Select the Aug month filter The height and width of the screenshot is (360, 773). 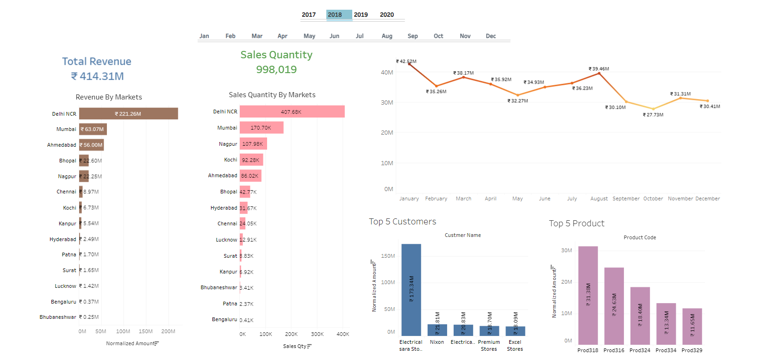pos(387,36)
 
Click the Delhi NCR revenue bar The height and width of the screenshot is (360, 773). pos(128,113)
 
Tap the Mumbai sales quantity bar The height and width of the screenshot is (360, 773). pos(261,128)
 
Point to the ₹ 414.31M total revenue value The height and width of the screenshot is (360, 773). pos(97,76)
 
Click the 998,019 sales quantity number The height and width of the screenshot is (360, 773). pos(276,69)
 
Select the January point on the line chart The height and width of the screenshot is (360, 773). pos(409,64)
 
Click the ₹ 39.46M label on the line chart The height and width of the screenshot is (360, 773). pos(598,68)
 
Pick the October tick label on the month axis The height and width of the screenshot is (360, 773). pos(653,199)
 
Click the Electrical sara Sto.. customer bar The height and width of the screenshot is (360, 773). pos(411,289)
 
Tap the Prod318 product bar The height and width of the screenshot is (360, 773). pos(588,295)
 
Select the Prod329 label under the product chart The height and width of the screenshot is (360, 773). pos(692,350)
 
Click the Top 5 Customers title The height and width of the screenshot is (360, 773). pos(402,222)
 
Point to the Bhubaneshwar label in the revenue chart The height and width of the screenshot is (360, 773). pos(58,317)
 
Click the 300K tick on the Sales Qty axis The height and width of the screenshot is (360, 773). pos(317,334)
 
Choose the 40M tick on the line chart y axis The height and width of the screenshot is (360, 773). pos(386,73)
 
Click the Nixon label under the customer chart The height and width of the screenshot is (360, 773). pos(436,342)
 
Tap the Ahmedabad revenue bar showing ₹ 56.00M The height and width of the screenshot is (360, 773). pos(91,145)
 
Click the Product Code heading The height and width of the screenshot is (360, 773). pos(639,237)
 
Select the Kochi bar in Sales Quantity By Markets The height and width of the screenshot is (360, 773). pos(251,160)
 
